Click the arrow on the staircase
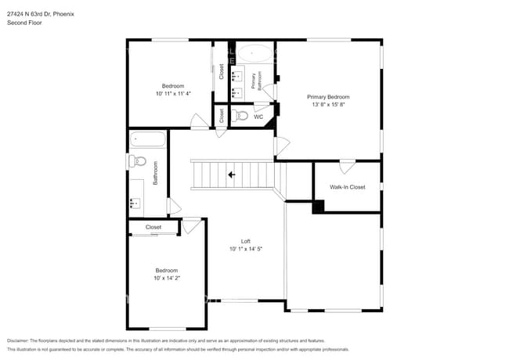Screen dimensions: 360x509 231,175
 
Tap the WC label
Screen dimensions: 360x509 258,117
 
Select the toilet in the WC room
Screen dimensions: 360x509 241,116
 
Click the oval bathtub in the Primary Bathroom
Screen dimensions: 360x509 255,54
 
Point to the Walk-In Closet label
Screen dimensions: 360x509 347,187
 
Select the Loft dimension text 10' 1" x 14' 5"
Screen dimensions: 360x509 245,249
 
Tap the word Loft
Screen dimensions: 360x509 245,241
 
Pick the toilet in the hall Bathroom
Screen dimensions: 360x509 138,161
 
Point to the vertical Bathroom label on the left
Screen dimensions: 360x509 155,173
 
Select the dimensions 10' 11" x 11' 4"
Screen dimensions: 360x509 173,93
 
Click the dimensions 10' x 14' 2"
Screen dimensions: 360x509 166,278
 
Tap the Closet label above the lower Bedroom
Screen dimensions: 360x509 153,227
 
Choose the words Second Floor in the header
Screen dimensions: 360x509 24,23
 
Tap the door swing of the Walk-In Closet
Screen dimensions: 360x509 347,166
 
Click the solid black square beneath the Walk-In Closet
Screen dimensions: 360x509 318,207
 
